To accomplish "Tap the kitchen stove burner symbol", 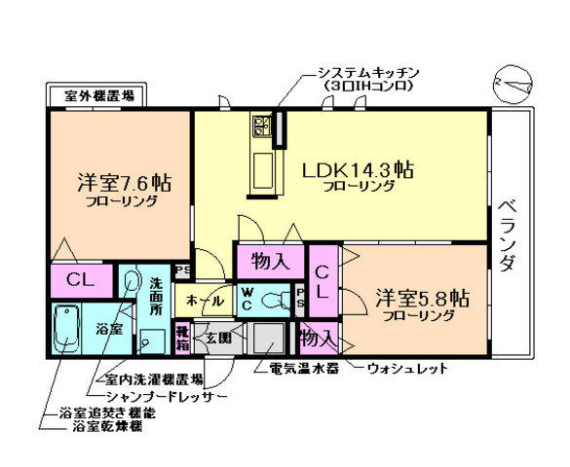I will [x=262, y=124].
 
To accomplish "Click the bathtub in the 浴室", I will [x=66, y=330].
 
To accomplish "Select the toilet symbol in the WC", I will [x=277, y=297].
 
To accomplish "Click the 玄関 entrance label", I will [x=217, y=339].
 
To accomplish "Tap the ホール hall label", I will [x=197, y=299].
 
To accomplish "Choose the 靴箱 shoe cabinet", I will [x=182, y=337].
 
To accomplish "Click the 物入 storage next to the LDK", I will [x=270, y=261].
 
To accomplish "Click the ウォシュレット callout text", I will [x=408, y=369].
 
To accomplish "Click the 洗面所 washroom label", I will [x=156, y=295].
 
